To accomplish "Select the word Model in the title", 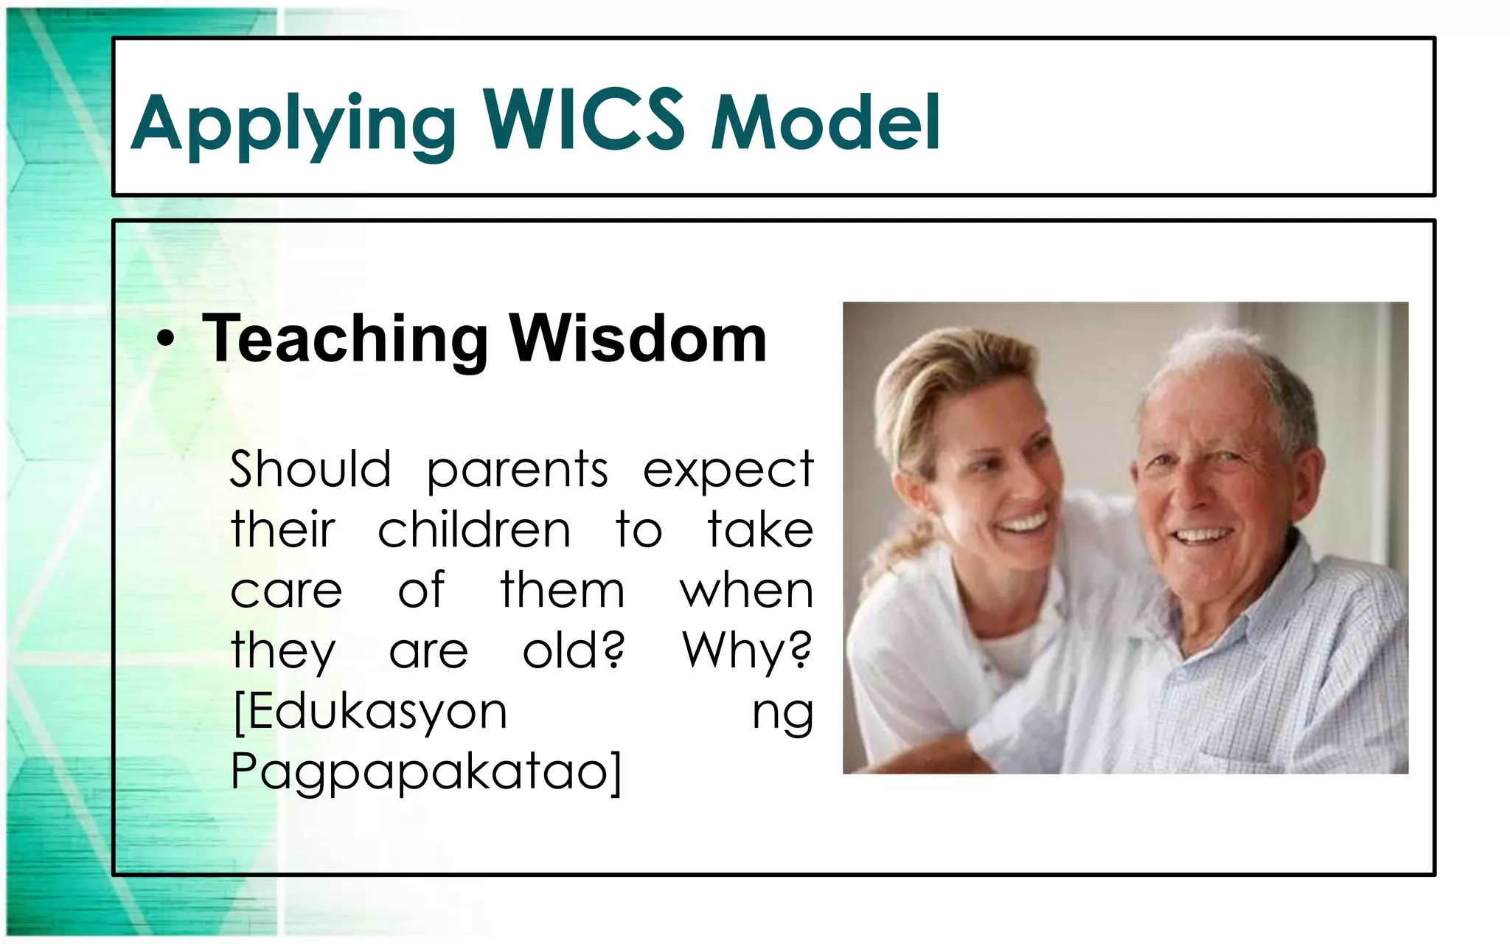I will pyautogui.click(x=825, y=122).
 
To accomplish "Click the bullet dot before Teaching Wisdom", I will pyautogui.click(x=167, y=340).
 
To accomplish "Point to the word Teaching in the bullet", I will pyautogui.click(x=345, y=339).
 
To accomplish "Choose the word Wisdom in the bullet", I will pyautogui.click(x=638, y=339).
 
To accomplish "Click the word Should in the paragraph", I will pyautogui.click(x=310, y=469).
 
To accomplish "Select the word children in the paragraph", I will pyautogui.click(x=474, y=530).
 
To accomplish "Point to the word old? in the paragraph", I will pyautogui.click(x=574, y=650).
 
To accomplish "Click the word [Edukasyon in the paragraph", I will pyautogui.click(x=370, y=712).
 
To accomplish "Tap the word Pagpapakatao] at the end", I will pyautogui.click(x=426, y=773).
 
